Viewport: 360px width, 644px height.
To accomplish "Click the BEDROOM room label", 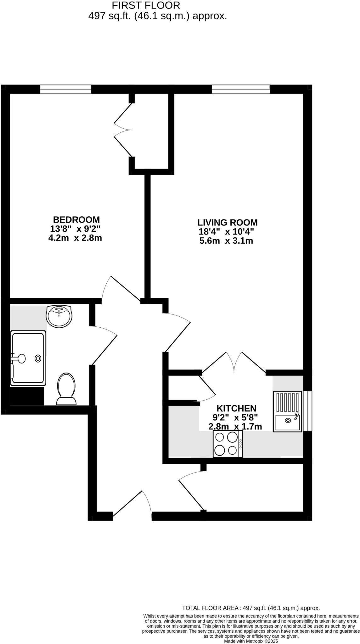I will pyautogui.click(x=76, y=219).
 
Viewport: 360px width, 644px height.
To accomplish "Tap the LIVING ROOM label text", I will pyautogui.click(x=227, y=223).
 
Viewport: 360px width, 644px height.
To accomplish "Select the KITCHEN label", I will pyautogui.click(x=236, y=408).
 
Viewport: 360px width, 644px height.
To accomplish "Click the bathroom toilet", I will pyautogui.click(x=66, y=389).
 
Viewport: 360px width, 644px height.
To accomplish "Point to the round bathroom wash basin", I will pyautogui.click(x=59, y=315).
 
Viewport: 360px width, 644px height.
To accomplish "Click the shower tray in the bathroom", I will pyautogui.click(x=28, y=358).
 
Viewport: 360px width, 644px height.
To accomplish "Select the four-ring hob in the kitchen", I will pyautogui.click(x=228, y=444).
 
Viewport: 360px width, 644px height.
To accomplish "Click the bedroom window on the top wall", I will pyautogui.click(x=65, y=89).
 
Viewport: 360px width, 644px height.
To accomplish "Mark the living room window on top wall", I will pyautogui.click(x=241, y=89).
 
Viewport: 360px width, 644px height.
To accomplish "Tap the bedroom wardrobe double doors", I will pyautogui.click(x=123, y=130).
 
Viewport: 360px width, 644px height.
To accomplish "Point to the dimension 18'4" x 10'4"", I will pyautogui.click(x=226, y=232).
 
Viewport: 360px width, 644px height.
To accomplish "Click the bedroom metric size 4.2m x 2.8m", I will pyautogui.click(x=75, y=238).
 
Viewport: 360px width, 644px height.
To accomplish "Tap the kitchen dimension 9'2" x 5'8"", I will pyautogui.click(x=236, y=418).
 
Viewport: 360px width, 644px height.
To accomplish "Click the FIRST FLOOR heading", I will pyautogui.click(x=146, y=5).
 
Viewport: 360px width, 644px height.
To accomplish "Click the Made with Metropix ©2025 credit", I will pyautogui.click(x=251, y=641).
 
